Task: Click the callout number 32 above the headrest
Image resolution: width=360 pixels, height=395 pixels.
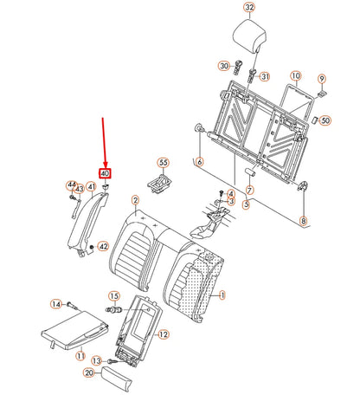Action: pyautogui.click(x=249, y=7)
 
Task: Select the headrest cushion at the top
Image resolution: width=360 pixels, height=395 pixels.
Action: pyautogui.click(x=249, y=36)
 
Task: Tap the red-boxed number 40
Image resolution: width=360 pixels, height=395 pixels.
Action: pyautogui.click(x=105, y=173)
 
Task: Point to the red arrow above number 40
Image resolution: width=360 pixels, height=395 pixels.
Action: pyautogui.click(x=104, y=143)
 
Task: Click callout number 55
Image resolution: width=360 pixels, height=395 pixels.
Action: pyautogui.click(x=164, y=163)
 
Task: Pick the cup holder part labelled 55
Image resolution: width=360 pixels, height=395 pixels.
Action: pyautogui.click(x=160, y=183)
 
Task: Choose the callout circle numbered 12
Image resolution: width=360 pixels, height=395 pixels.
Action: pyautogui.click(x=164, y=334)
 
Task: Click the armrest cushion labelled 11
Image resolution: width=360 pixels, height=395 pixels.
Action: pyautogui.click(x=75, y=330)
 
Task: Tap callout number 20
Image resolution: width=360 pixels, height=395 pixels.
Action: pyautogui.click(x=89, y=372)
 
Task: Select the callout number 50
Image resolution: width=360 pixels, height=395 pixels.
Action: pyautogui.click(x=325, y=120)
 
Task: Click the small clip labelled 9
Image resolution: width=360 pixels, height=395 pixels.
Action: pyautogui.click(x=322, y=94)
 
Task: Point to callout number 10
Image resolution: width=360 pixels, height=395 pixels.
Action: pyautogui.click(x=296, y=76)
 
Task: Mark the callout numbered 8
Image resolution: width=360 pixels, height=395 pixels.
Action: pyautogui.click(x=303, y=221)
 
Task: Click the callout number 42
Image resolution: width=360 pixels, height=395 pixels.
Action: pyautogui.click(x=103, y=247)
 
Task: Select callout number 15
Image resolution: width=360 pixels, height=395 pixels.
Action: pyautogui.click(x=114, y=296)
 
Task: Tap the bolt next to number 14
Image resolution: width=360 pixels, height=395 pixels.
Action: pyautogui.click(x=72, y=305)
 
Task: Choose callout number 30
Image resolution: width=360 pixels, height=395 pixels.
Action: pyautogui.click(x=224, y=66)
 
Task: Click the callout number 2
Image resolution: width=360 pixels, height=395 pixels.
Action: pyautogui.click(x=135, y=200)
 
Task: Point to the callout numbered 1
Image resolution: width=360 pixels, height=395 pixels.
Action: pyautogui.click(x=222, y=295)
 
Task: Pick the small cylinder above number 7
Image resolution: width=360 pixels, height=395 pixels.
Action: pyautogui.click(x=248, y=172)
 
